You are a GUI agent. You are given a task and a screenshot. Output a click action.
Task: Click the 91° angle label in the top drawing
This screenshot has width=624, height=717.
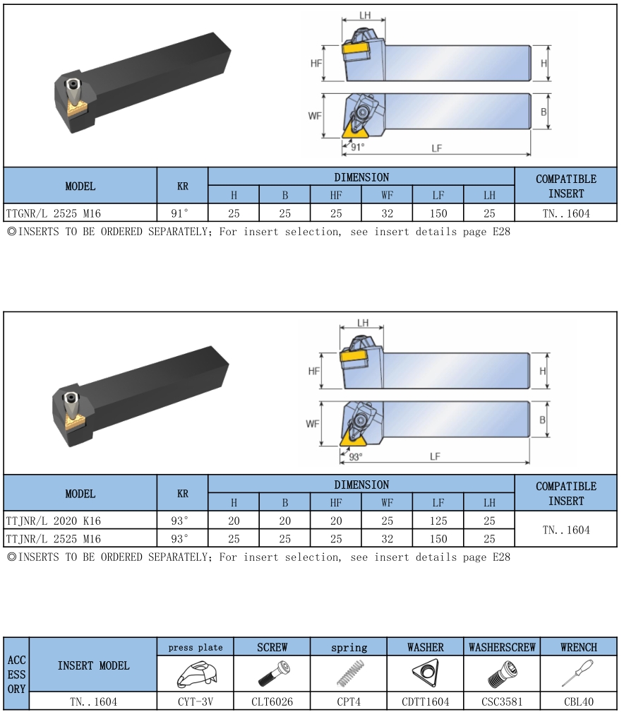357,147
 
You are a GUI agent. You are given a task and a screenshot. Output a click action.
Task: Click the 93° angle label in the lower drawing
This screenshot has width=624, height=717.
355,456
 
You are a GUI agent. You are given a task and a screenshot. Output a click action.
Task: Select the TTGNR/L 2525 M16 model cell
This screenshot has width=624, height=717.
54,213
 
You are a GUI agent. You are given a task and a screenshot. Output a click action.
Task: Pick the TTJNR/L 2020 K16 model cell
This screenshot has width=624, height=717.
54,521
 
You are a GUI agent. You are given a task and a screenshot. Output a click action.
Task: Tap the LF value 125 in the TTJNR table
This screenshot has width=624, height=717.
438,521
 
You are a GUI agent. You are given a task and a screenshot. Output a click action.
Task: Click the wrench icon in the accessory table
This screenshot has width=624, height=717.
577,672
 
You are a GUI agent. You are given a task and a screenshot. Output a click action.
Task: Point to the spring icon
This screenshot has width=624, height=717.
349,673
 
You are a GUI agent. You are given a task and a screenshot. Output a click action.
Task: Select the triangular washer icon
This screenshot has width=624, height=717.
425,672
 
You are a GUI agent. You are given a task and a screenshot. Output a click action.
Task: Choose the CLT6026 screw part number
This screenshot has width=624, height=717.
272,701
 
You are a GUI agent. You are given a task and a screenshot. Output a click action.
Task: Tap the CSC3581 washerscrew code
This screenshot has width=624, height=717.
502,701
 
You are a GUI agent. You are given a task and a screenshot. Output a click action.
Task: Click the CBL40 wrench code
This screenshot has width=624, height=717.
578,701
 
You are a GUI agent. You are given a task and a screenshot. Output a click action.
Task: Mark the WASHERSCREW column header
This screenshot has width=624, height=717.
502,647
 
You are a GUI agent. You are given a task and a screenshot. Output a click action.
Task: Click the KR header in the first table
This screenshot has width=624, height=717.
182,186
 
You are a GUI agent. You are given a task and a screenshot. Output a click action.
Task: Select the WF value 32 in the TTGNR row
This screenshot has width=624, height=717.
387,213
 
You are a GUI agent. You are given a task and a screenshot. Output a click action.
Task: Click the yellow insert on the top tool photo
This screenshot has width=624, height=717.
77,108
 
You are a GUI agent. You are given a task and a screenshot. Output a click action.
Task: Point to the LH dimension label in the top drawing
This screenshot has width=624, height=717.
364,15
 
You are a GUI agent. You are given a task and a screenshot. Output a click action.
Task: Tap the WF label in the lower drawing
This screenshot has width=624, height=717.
313,424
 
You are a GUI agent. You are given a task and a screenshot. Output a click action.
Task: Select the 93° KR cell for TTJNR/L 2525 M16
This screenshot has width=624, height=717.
179,539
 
